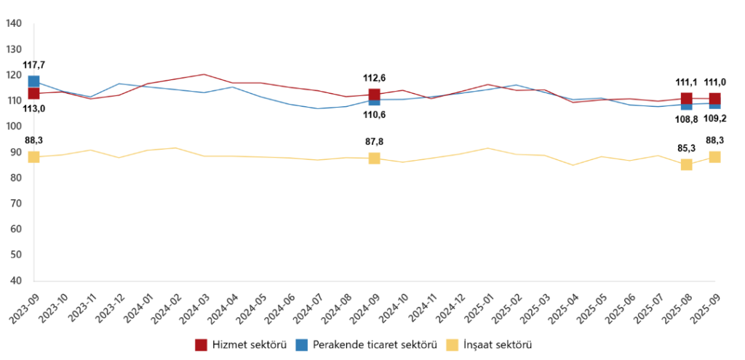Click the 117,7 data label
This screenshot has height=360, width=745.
point(33,65)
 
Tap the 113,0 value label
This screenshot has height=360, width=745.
point(33,108)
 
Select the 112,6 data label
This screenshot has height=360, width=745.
point(374,79)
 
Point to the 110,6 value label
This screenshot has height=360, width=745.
point(374,115)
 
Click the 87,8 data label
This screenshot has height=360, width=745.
point(374,143)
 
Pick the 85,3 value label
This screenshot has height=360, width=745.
point(686,148)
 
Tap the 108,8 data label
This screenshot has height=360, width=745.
point(686,118)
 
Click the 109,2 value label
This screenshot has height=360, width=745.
point(715,118)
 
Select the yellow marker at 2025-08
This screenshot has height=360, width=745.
point(686,164)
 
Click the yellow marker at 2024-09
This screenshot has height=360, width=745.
point(374,159)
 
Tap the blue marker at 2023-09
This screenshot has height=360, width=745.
point(33,81)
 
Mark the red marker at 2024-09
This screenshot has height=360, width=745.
point(374,95)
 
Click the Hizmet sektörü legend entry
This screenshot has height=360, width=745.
point(240,344)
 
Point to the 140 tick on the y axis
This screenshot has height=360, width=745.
point(13,24)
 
